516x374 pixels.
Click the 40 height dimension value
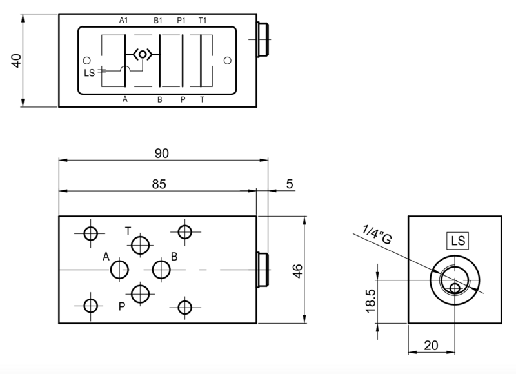click(17, 59)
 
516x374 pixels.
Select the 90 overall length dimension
click(161, 153)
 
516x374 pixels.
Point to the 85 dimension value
click(159, 184)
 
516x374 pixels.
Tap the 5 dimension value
click(289, 184)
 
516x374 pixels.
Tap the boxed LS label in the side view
click(458, 241)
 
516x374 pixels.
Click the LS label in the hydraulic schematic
click(89, 72)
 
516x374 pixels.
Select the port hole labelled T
click(140, 244)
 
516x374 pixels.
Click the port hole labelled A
click(119, 269)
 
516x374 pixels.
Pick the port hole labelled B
click(161, 269)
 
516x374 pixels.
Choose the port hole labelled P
click(140, 293)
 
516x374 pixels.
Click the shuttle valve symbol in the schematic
click(141, 55)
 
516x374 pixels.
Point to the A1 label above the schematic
click(124, 20)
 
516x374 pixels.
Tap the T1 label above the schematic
click(203, 20)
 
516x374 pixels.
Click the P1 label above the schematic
click(182, 20)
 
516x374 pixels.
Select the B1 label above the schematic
click(158, 20)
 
